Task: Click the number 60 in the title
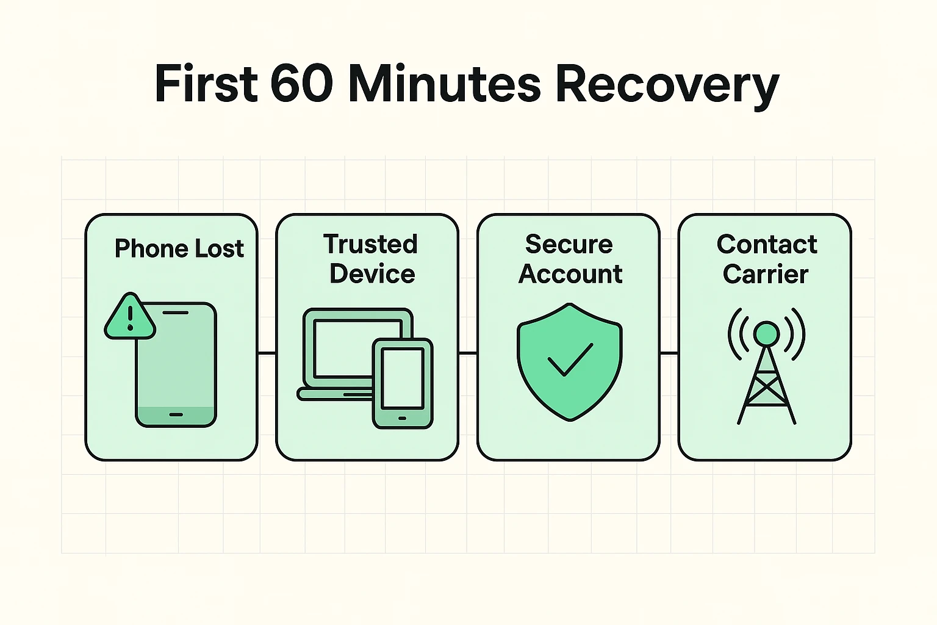click(301, 84)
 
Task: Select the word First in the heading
click(206, 84)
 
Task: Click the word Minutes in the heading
click(444, 84)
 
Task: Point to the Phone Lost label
click(179, 249)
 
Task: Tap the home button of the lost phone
click(176, 414)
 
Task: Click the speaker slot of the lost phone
click(176, 312)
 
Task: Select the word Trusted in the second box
click(370, 244)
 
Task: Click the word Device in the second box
click(372, 274)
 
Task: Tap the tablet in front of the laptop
click(403, 383)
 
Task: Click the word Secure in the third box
click(569, 244)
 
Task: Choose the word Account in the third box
click(570, 274)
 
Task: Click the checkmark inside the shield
click(570, 359)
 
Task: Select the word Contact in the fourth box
click(767, 244)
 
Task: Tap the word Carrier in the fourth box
click(766, 274)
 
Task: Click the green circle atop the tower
click(766, 333)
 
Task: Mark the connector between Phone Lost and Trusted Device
click(267, 353)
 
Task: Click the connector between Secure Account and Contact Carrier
click(669, 353)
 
